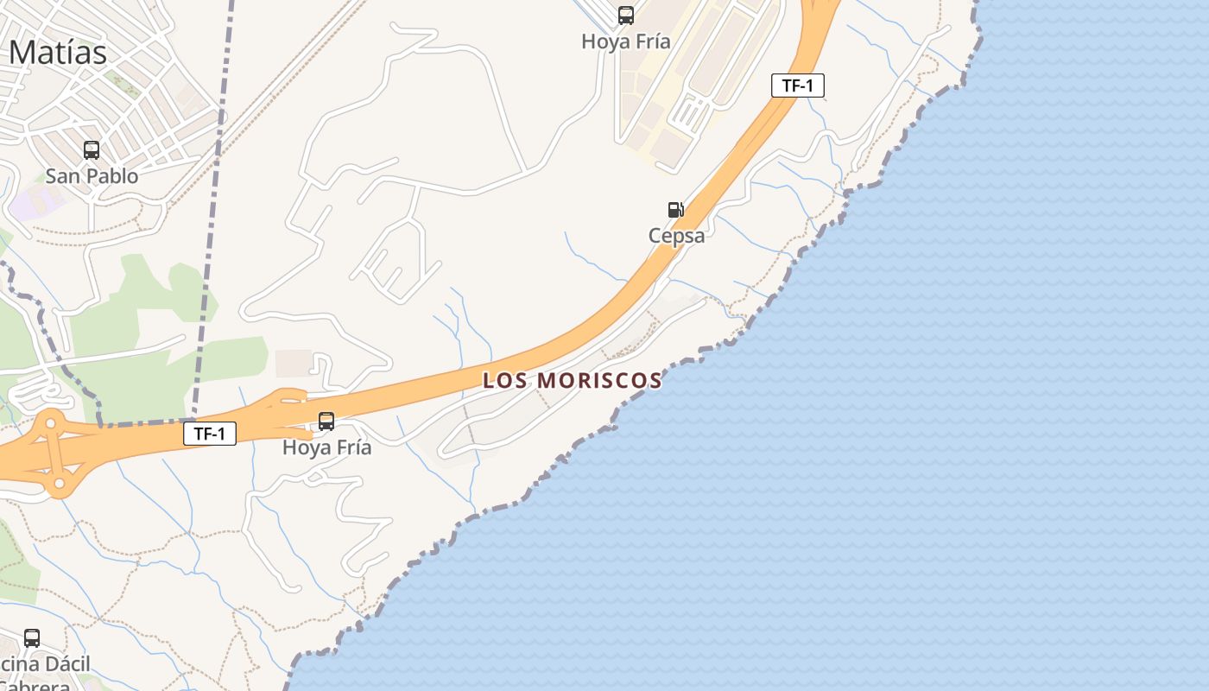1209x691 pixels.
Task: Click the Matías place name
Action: point(58,53)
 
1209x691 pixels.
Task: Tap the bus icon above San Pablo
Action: point(92,150)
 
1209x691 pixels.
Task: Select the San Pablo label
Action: point(92,176)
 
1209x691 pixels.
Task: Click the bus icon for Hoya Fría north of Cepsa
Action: point(626,16)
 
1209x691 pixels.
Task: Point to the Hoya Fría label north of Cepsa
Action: point(626,41)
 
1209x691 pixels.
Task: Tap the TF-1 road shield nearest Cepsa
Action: point(797,86)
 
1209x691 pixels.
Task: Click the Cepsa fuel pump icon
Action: point(675,210)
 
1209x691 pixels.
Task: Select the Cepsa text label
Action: point(677,236)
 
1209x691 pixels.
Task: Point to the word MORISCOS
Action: point(600,381)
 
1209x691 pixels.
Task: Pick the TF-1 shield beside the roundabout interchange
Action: point(210,434)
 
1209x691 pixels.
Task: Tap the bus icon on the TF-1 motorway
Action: point(326,422)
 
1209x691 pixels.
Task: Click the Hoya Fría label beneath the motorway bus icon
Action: point(327,447)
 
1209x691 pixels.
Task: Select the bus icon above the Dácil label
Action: point(32,638)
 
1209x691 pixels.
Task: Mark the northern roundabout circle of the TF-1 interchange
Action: point(51,423)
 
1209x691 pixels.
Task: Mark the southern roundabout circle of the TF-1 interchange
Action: point(59,484)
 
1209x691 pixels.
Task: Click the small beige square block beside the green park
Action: point(294,364)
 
